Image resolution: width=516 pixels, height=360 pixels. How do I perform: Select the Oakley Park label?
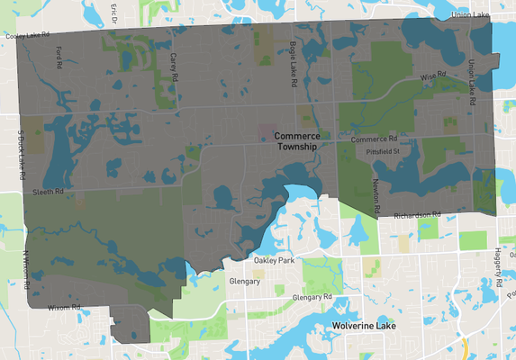click(274, 261)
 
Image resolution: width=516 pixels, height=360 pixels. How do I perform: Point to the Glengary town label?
click(244, 281)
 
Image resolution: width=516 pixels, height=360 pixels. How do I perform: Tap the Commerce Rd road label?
click(373, 139)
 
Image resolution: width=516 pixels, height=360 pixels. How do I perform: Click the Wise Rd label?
click(434, 79)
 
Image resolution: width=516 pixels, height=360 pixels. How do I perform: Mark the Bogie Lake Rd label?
click(293, 68)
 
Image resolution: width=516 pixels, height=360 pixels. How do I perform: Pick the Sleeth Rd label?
click(47, 192)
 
